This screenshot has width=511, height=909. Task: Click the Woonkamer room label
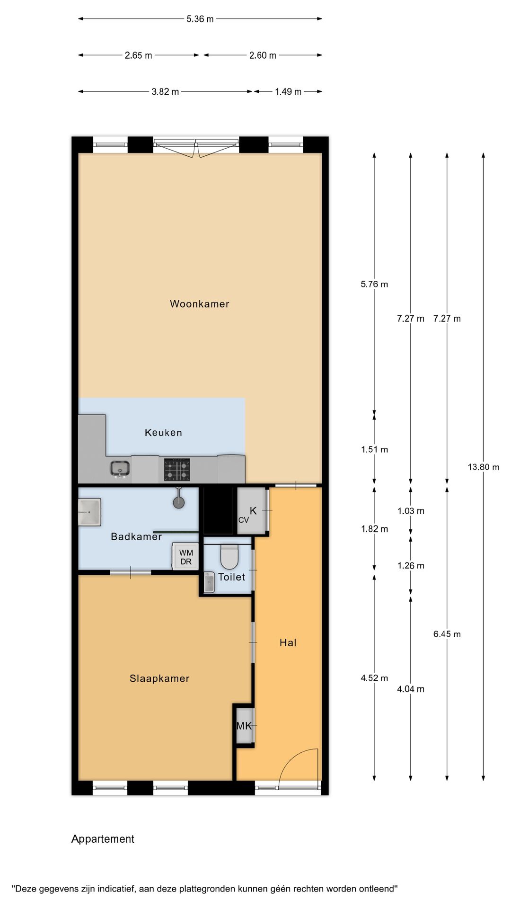coord(199,304)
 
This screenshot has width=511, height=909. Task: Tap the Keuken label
coord(163,432)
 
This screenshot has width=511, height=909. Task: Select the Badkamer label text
coord(136,536)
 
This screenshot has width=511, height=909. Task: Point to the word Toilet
coord(231,577)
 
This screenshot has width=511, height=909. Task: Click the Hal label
coord(288,642)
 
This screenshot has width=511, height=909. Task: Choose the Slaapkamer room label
coord(159,678)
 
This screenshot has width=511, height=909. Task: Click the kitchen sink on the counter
coord(121,469)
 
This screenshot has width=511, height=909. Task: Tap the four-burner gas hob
coord(177,470)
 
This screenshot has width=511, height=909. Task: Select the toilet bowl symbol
coord(229,557)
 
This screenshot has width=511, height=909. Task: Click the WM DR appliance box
coord(186,557)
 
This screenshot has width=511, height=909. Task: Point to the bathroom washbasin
coord(89,512)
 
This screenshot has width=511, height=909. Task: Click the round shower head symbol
coord(178,502)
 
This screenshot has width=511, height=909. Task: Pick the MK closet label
coord(244,725)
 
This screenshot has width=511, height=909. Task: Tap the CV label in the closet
coord(243,520)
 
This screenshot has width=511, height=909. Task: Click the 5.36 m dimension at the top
coord(200,19)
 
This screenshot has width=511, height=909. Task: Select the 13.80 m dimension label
coord(484,467)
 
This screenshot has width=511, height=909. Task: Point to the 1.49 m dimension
coord(288,91)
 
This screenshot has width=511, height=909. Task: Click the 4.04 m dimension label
coord(411,689)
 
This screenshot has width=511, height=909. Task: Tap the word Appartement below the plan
coord(103,839)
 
